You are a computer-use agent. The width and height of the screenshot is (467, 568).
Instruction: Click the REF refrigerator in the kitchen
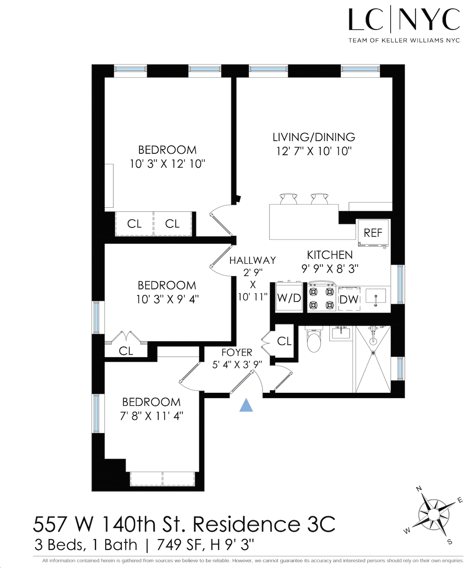[373, 233]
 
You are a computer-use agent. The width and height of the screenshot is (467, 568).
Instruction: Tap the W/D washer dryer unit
[289, 297]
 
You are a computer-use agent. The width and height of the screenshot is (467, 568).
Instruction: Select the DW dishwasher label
[349, 299]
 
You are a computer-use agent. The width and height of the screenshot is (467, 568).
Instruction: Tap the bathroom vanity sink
[340, 334]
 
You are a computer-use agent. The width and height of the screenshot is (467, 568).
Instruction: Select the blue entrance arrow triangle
[246, 405]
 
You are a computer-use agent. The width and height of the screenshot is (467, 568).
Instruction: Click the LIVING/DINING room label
[314, 137]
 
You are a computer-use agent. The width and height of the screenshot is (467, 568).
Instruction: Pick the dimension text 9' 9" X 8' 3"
[330, 268]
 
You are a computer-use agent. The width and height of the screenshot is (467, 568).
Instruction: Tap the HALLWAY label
[252, 260]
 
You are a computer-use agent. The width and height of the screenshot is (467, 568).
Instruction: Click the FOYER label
[237, 352]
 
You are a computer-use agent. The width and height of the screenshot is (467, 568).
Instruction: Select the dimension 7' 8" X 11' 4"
[152, 416]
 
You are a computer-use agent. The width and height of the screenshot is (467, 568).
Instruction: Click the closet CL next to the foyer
[284, 341]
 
